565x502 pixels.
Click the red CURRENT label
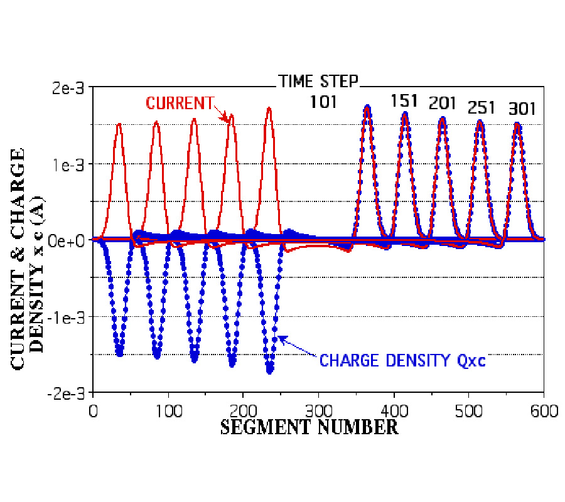coord(180,103)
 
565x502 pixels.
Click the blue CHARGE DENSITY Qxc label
coord(402,361)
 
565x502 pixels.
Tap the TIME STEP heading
coord(319,81)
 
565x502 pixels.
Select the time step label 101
coord(323,101)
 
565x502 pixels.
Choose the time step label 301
coord(522,109)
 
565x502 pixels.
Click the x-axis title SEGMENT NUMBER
coord(309,428)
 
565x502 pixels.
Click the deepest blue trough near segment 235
coord(270,370)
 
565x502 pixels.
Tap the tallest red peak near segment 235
coord(269,109)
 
